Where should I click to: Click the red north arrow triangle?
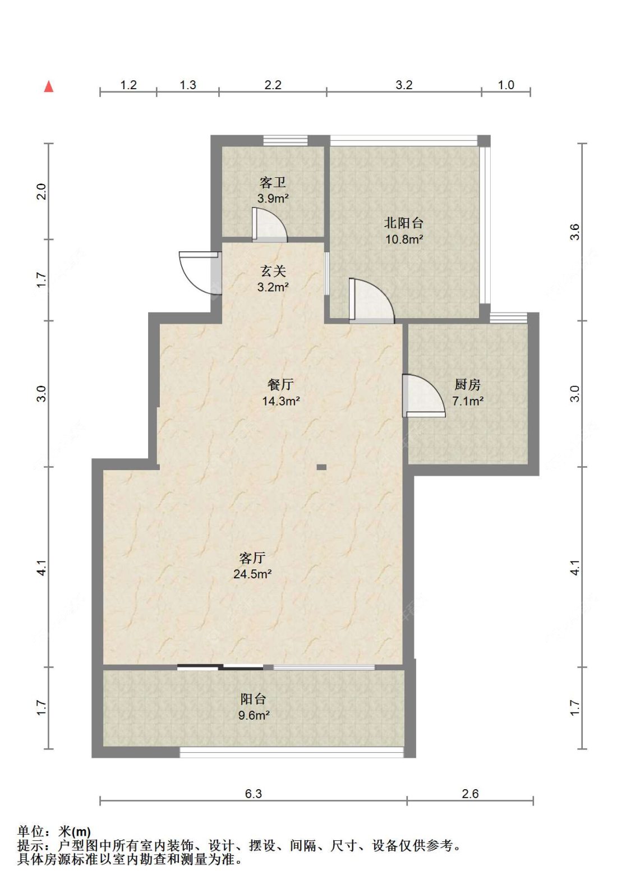click(49, 86)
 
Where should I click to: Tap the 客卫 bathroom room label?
click(273, 183)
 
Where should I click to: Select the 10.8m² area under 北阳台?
click(404, 239)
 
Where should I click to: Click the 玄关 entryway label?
click(273, 271)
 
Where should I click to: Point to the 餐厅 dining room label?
click(280, 385)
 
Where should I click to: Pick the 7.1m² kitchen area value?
click(468, 401)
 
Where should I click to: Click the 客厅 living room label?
click(252, 558)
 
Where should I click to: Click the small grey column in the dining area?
click(321, 467)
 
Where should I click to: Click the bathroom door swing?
click(269, 225)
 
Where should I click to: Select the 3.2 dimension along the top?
click(404, 85)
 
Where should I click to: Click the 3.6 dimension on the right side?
click(574, 232)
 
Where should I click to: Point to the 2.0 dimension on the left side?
click(42, 191)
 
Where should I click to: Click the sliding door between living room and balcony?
click(220, 666)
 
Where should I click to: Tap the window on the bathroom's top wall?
click(285, 141)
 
